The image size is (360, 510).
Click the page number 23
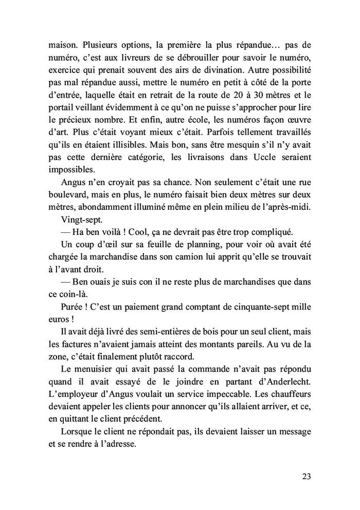tap(305, 476)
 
